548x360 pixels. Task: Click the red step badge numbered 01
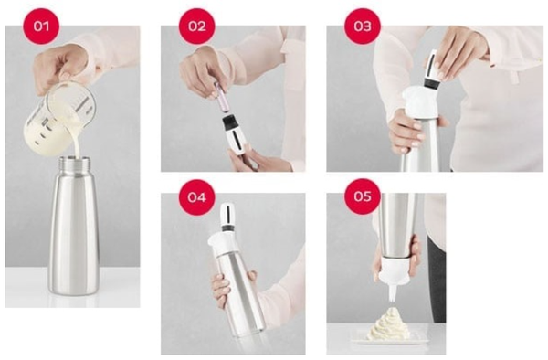click(x=40, y=26)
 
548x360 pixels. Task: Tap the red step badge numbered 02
click(x=197, y=26)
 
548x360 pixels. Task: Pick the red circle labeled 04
click(x=197, y=196)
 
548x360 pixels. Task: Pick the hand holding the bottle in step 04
click(x=222, y=291)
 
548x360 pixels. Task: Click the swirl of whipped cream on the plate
click(x=388, y=324)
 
